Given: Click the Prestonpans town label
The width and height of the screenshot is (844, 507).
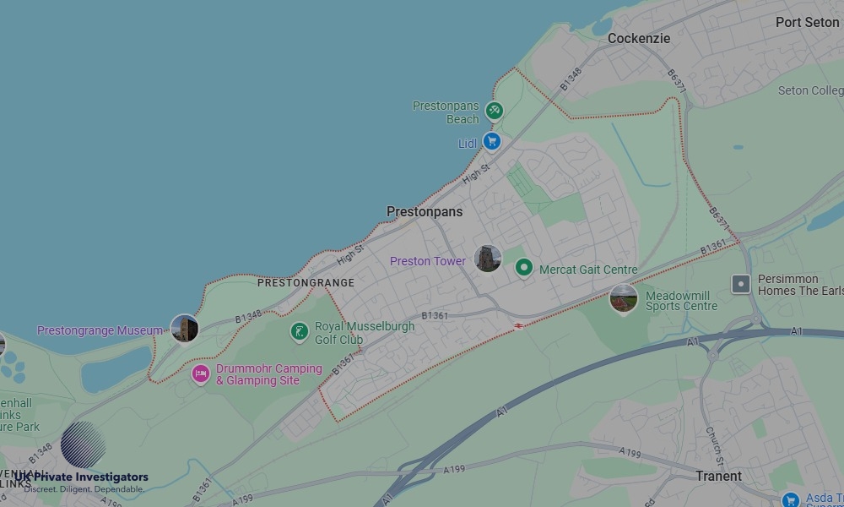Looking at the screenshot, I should (425, 212).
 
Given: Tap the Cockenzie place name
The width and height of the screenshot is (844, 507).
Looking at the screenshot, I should (639, 39).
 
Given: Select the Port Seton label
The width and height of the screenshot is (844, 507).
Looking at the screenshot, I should (807, 23).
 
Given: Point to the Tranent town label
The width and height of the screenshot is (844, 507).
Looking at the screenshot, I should (718, 477).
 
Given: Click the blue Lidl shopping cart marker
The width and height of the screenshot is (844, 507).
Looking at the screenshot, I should (491, 142).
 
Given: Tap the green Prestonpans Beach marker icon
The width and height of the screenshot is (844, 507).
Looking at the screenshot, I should (495, 110).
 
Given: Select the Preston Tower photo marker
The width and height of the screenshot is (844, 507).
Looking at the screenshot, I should (488, 259).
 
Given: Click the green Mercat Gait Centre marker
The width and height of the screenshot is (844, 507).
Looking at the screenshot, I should (524, 268).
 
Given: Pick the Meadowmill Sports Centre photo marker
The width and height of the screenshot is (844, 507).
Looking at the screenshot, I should (624, 298).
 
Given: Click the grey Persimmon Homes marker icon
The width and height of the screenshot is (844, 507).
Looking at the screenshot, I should (741, 284).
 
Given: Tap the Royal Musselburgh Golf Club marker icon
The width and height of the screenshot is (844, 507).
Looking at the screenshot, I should (299, 331).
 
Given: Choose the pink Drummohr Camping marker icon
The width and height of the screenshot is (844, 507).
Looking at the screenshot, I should (200, 373).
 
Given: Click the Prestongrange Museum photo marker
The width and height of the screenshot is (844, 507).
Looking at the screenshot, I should (184, 329).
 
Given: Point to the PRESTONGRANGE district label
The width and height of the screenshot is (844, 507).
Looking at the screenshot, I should (306, 283).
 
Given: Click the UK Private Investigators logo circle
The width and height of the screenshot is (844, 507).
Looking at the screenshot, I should (84, 444).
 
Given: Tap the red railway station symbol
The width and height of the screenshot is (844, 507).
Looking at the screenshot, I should (518, 325).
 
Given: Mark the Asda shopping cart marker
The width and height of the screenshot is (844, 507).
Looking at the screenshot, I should (791, 499).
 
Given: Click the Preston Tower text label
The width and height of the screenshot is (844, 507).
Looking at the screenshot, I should (427, 262).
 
